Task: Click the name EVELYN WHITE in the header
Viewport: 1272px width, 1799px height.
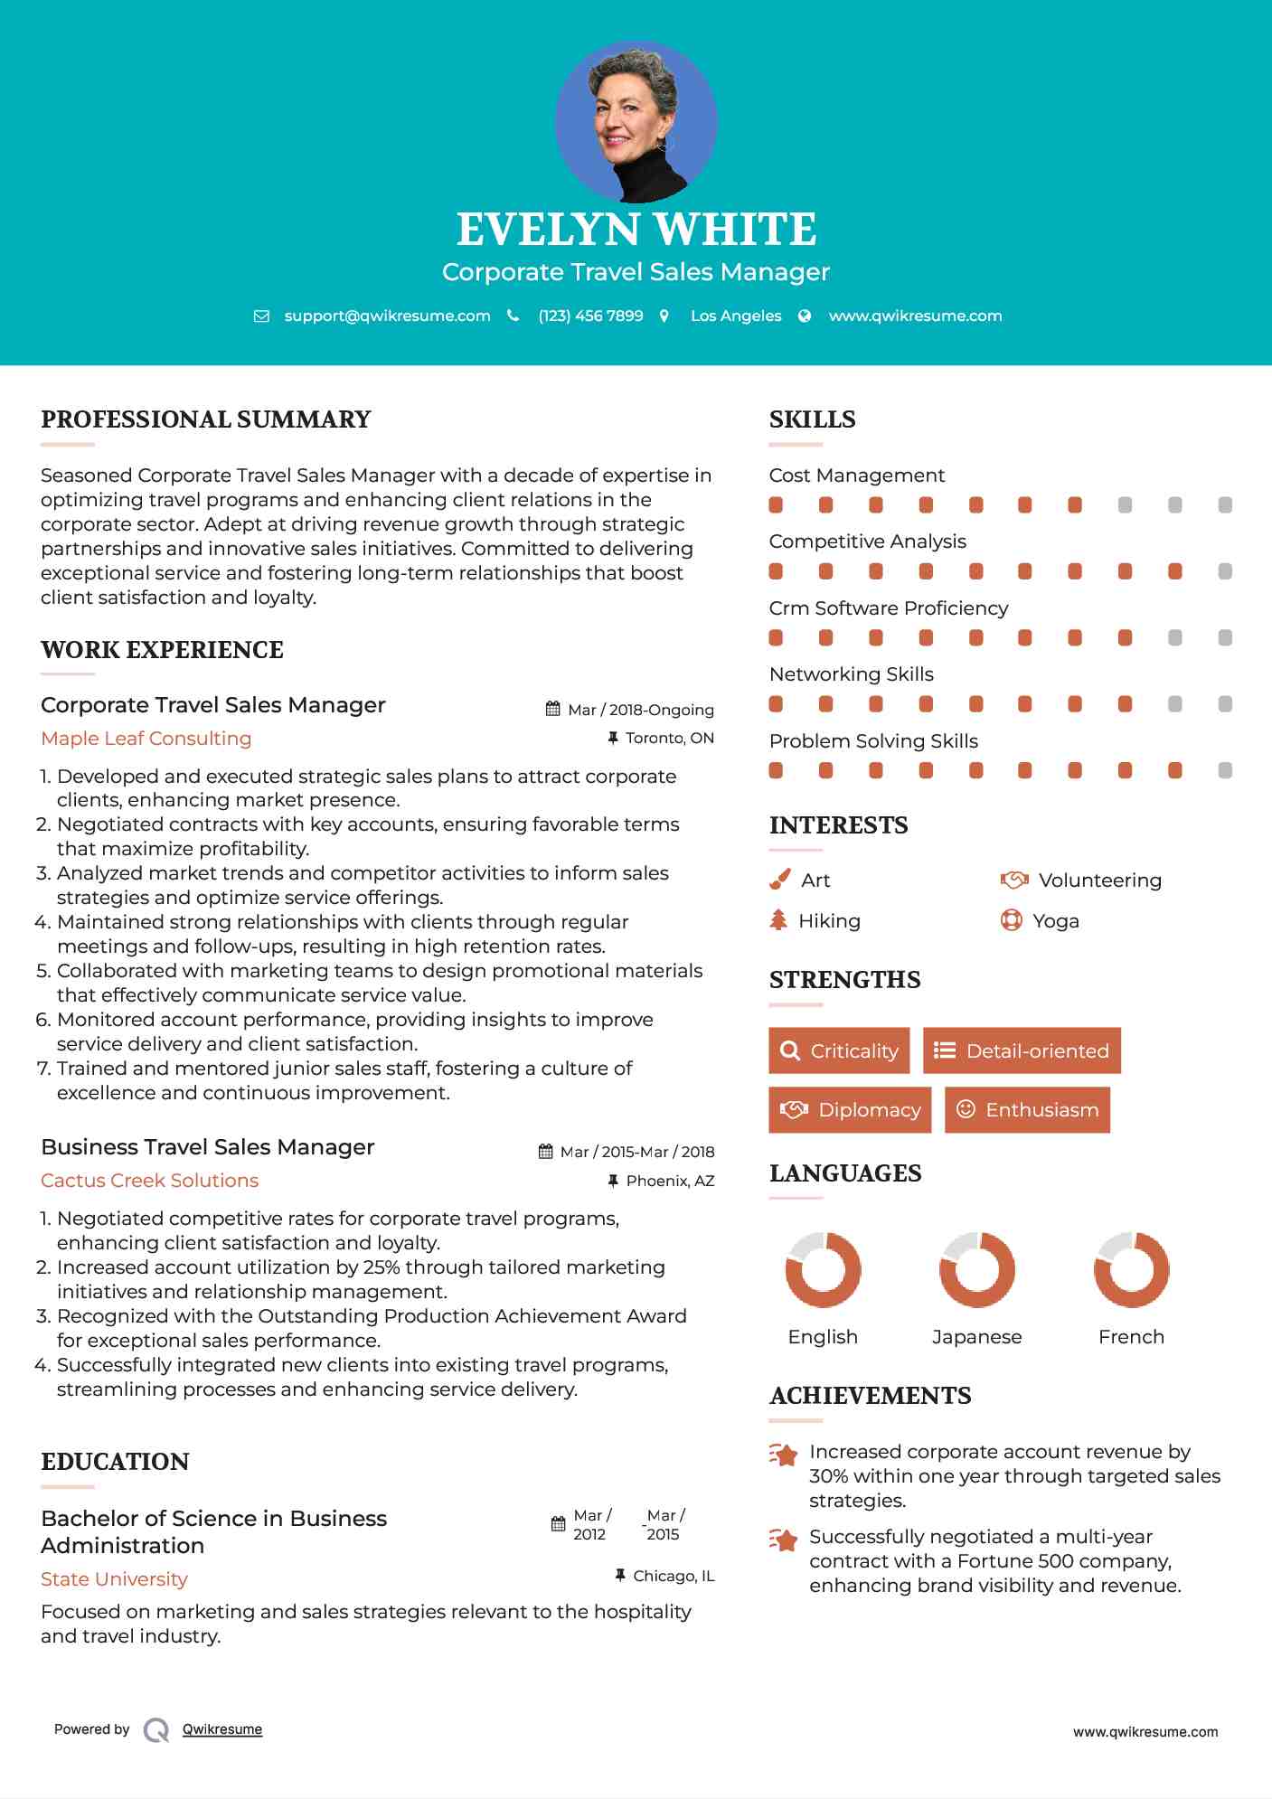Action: [636, 230]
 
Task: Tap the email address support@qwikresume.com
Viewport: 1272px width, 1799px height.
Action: [387, 316]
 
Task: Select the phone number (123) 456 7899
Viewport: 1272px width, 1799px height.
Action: [590, 316]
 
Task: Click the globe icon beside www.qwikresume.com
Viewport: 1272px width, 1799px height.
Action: [805, 316]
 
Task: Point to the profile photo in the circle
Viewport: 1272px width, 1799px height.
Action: [636, 121]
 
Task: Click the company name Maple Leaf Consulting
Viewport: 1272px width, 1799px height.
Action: [146, 738]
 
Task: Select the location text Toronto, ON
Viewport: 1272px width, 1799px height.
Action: [669, 738]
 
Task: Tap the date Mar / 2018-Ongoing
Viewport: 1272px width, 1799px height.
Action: [640, 710]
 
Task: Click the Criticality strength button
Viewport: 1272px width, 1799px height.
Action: [839, 1050]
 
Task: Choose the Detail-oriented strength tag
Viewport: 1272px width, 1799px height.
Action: [1022, 1050]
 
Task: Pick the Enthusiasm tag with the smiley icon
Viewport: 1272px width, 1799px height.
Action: [1027, 1109]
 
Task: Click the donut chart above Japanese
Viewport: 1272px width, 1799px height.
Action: [976, 1269]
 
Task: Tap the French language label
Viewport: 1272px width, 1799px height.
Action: [1131, 1336]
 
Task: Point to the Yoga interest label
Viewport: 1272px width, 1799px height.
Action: [1055, 920]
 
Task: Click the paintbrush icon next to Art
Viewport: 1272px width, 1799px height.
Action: [779, 880]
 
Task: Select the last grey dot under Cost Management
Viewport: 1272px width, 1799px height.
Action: [1225, 504]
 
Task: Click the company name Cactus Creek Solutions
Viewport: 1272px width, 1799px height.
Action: [149, 1180]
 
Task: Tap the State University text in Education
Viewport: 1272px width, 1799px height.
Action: [114, 1578]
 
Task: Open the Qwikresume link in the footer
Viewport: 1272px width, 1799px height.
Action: [221, 1728]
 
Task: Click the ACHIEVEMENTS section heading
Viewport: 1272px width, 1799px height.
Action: [870, 1395]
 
